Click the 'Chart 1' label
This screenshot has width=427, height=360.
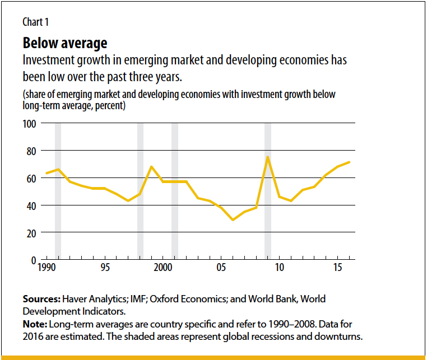coord(35,22)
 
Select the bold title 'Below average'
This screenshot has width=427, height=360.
coord(64,43)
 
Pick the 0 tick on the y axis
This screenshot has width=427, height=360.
coord(33,260)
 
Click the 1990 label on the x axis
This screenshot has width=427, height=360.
coord(47,268)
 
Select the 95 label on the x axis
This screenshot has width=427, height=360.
coord(105,268)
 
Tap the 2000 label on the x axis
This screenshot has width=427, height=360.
coord(163,268)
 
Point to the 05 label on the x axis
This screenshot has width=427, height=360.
coord(221,268)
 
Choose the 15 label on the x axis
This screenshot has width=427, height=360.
coord(338,268)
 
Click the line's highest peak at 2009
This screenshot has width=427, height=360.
coord(268,157)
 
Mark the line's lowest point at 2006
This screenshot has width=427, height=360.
coord(233,220)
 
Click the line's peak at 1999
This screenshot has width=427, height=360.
coord(151,167)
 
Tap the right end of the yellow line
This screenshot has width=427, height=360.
coord(350,162)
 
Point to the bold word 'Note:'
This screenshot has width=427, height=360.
coord(35,325)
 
